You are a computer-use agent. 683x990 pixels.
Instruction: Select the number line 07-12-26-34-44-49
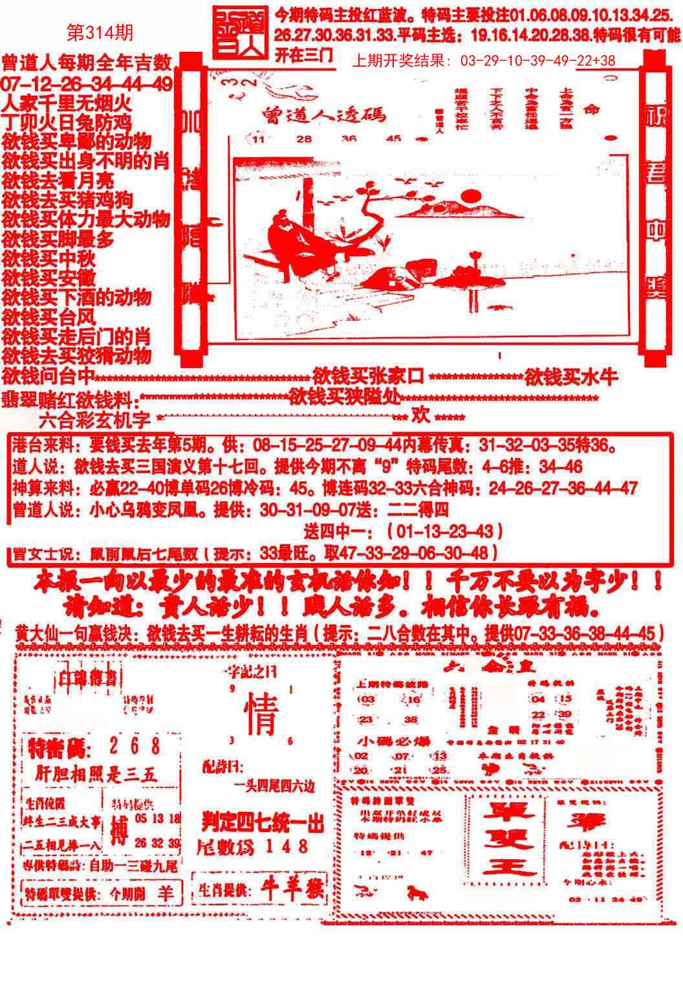(87, 83)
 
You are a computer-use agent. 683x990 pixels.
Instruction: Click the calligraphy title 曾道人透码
(324, 114)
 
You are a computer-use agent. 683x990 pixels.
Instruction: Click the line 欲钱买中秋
(49, 259)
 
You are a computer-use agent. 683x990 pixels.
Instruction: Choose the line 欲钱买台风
(49, 317)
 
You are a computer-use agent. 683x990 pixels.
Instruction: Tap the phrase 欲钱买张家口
(367, 376)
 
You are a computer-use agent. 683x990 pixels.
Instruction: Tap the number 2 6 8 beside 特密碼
(134, 747)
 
